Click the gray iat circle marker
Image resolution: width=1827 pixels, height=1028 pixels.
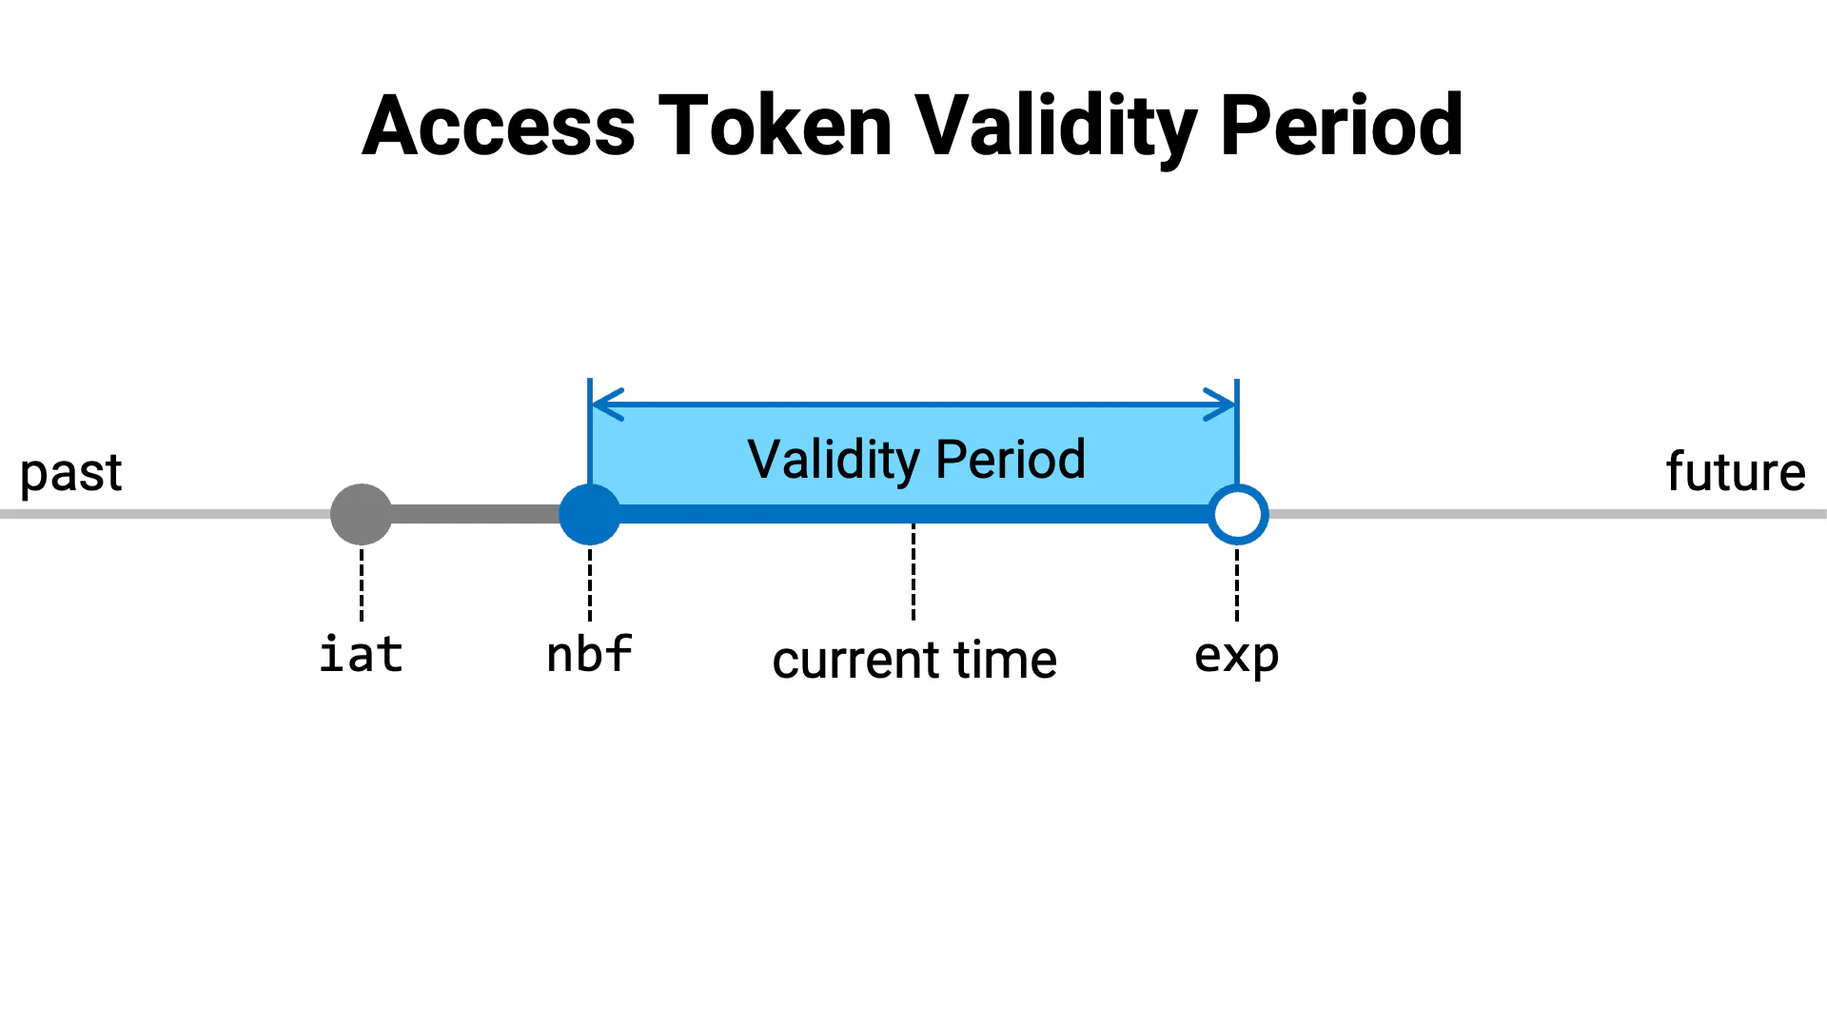[362, 514]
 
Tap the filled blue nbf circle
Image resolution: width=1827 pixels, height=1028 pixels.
[590, 514]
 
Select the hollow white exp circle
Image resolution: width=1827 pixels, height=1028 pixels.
[1237, 514]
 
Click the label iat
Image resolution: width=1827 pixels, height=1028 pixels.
[362, 655]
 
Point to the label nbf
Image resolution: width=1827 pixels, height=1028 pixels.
[590, 655]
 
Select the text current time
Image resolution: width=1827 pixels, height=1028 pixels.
[914, 660]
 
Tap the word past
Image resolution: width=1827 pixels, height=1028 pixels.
[71, 473]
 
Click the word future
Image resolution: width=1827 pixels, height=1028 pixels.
[1736, 472]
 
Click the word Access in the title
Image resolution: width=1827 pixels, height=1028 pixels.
[499, 126]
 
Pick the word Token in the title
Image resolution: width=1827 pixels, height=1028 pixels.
[775, 126]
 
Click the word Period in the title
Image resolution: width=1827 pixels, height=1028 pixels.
[1342, 126]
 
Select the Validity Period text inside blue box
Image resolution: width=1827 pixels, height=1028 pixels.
[915, 459]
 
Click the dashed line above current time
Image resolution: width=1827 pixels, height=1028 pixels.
[913, 571]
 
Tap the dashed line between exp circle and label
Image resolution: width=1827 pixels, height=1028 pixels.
[1237, 583]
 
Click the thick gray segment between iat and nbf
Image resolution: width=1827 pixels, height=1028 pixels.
[476, 514]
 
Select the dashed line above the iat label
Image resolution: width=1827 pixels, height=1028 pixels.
[362, 583]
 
